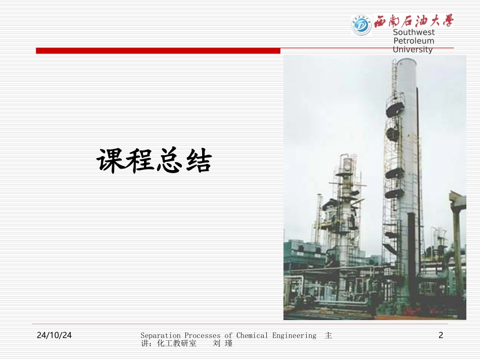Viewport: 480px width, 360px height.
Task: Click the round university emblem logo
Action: click(x=361, y=24)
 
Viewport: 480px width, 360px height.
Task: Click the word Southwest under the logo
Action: click(x=413, y=32)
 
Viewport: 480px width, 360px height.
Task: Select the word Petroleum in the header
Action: click(x=413, y=41)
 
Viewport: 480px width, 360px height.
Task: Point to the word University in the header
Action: click(x=413, y=49)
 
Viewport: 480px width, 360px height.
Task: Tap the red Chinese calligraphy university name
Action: click(x=414, y=21)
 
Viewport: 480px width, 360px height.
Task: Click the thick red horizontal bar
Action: click(x=158, y=50)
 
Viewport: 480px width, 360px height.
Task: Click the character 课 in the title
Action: click(x=111, y=161)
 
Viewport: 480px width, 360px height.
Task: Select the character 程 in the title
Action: click(x=139, y=161)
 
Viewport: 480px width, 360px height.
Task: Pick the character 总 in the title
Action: click(x=169, y=161)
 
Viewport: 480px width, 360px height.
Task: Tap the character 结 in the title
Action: click(x=198, y=161)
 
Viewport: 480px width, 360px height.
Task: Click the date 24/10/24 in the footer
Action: click(x=55, y=335)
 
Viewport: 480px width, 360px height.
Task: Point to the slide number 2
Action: click(x=441, y=335)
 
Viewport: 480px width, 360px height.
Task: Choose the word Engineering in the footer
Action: click(x=294, y=335)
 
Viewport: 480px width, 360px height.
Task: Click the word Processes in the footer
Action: click(x=202, y=335)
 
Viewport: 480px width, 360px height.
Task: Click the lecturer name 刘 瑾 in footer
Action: click(x=223, y=343)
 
